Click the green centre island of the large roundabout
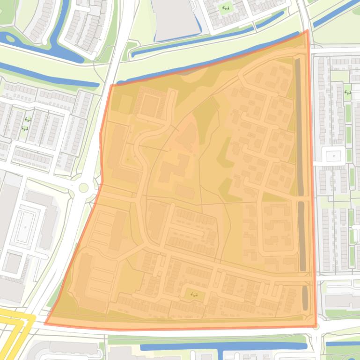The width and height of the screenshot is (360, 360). (84, 188)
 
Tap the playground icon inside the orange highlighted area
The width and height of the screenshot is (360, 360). (194, 294)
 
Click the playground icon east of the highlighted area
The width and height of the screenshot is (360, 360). (347, 92)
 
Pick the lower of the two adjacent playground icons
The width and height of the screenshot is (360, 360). (24, 128)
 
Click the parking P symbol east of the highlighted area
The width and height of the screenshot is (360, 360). (333, 155)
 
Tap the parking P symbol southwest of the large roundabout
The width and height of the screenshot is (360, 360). (25, 228)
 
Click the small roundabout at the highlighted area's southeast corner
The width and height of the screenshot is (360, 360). (316, 327)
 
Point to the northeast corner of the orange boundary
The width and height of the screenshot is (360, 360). (307, 31)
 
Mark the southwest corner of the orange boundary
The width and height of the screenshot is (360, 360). (46, 323)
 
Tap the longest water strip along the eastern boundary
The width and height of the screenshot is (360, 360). (298, 126)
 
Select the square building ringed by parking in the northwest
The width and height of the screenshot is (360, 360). (150, 106)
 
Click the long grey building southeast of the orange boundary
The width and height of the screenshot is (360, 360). (342, 302)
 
